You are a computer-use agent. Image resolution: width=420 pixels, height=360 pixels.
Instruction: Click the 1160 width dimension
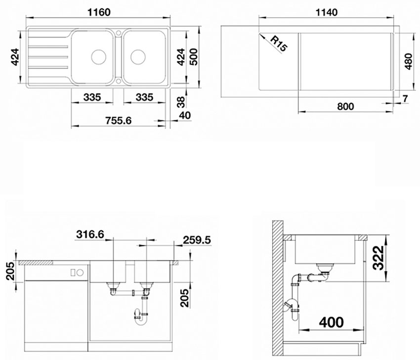tap(98, 12)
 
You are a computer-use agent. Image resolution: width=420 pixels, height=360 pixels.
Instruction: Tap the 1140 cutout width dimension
tap(326, 12)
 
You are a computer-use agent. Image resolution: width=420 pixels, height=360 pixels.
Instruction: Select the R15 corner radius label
tap(279, 44)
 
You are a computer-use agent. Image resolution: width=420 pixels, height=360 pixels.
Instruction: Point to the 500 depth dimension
tap(193, 57)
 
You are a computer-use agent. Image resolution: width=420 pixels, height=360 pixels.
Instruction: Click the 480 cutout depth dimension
tap(409, 61)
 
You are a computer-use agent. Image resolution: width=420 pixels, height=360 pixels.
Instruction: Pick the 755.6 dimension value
tap(119, 121)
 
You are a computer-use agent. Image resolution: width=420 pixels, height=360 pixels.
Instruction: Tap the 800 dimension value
tap(345, 106)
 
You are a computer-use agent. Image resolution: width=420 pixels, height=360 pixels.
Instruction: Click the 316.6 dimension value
tap(90, 234)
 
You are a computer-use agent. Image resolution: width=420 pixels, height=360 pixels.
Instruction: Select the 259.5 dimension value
tap(197, 240)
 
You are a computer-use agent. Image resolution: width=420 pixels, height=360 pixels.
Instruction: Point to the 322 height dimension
tap(379, 258)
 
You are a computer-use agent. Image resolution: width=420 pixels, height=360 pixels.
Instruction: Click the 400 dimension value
tap(332, 322)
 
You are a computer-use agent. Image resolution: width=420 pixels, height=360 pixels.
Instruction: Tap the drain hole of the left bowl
tap(98, 57)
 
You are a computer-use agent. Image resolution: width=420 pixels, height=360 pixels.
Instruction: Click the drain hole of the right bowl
tap(138, 57)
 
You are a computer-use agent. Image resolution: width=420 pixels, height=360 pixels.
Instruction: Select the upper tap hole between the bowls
tap(118, 33)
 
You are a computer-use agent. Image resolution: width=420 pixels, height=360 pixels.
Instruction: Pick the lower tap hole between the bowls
tap(118, 81)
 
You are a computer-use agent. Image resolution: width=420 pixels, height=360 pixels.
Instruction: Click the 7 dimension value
tap(405, 98)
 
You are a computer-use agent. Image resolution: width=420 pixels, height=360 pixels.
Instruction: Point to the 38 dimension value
tap(181, 102)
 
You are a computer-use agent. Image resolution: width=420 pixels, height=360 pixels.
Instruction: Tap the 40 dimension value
tap(185, 115)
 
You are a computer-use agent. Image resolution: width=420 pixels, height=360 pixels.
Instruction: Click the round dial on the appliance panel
tap(80, 273)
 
